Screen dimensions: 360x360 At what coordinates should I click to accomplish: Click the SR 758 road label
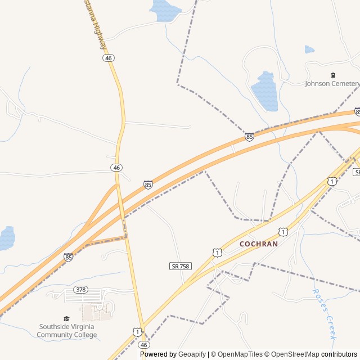pos(179,265)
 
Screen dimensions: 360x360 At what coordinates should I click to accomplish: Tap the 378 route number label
pos(81,290)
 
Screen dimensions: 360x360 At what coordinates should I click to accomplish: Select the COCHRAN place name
pos(259,244)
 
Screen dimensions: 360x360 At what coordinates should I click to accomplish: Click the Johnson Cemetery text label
pos(332,84)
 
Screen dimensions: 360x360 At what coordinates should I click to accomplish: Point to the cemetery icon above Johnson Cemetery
pos(332,75)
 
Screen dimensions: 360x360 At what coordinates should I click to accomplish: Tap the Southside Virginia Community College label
pos(67,331)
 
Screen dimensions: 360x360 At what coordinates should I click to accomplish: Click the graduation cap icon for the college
pos(66,318)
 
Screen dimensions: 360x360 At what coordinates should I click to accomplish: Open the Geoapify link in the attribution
pos(192,354)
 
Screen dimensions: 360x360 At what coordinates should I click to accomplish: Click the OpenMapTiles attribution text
pos(241,354)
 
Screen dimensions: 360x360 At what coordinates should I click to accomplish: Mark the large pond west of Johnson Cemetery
pos(264,90)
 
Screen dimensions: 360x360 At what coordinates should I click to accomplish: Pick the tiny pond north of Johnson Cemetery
pos(309,49)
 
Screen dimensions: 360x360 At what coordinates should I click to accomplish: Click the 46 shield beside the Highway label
pos(109,58)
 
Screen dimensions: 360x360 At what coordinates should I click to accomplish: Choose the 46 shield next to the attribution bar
pos(144,344)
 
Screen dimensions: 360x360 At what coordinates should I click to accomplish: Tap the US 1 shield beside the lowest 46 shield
pos(137,332)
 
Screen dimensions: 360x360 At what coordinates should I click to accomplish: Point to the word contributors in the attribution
pos(339,354)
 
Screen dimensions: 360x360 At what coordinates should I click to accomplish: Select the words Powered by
pos(158,354)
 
